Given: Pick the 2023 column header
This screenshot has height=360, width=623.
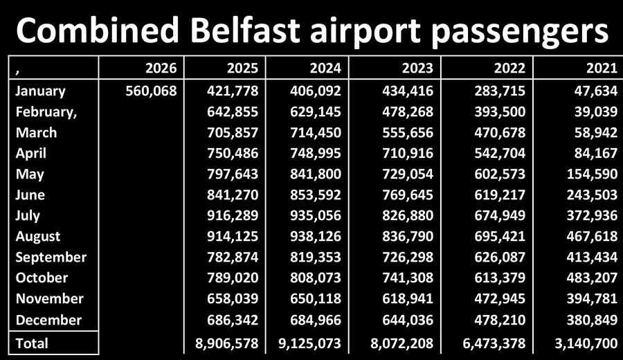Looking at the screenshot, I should [417, 68].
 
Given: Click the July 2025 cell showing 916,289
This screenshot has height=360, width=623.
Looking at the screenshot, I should [233, 215].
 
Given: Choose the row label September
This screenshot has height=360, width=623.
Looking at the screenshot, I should [51, 257].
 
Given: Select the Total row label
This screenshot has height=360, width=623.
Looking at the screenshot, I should [33, 342].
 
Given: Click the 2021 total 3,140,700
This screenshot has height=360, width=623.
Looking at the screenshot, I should [581, 342].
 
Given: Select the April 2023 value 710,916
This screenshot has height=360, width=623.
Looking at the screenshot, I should [404, 153].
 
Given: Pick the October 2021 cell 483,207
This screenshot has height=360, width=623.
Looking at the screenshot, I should [588, 278].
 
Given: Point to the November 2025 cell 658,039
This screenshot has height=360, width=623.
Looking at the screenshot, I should [233, 298].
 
